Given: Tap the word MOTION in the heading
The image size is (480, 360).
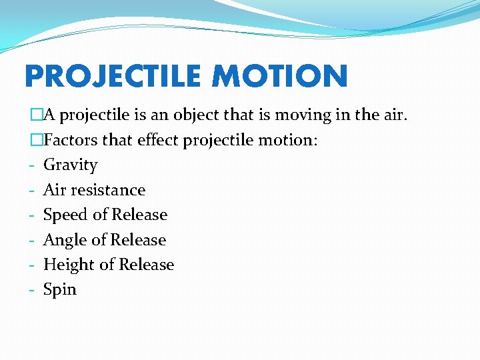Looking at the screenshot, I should click(x=280, y=77).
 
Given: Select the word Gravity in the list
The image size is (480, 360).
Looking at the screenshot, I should click(x=70, y=165).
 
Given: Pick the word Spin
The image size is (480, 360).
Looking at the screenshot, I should click(x=60, y=290).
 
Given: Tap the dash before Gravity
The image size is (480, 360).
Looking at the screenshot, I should click(x=32, y=166).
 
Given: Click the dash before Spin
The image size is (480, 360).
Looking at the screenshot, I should click(x=32, y=291).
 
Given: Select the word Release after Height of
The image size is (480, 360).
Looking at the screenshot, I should click(x=146, y=265).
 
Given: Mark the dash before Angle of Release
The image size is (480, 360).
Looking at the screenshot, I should click(x=32, y=241).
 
